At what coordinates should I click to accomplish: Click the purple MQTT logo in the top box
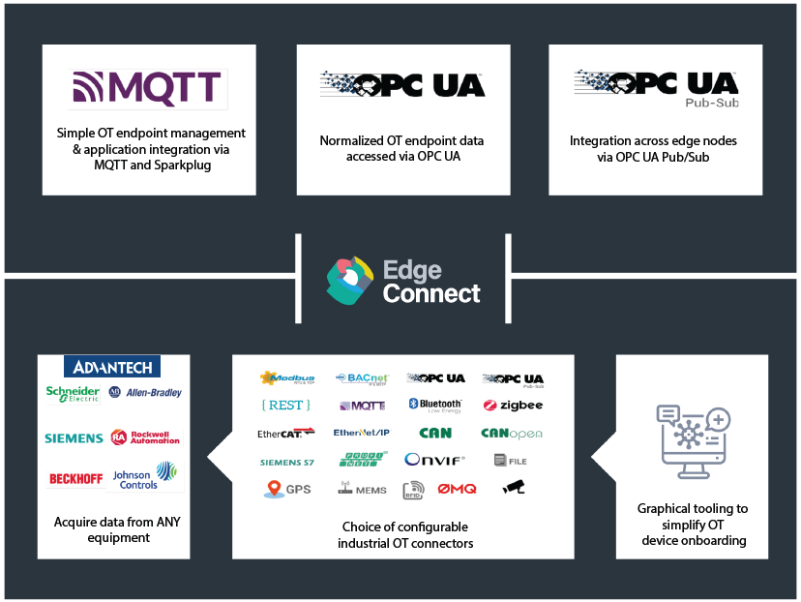pyautogui.click(x=149, y=88)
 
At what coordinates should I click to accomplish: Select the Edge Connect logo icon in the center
pyautogui.click(x=349, y=279)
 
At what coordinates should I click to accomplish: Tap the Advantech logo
pyautogui.click(x=112, y=367)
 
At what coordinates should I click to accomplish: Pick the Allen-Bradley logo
pyautogui.click(x=145, y=393)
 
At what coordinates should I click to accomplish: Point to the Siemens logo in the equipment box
pyautogui.click(x=74, y=438)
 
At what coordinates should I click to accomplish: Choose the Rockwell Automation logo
pyautogui.click(x=145, y=437)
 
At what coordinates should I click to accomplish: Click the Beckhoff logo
pyautogui.click(x=74, y=479)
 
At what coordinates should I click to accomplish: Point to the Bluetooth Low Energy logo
pyautogui.click(x=434, y=406)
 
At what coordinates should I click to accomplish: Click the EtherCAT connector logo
pyautogui.click(x=285, y=433)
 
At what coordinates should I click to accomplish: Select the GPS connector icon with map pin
pyautogui.click(x=286, y=489)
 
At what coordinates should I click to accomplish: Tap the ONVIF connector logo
pyautogui.click(x=434, y=461)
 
